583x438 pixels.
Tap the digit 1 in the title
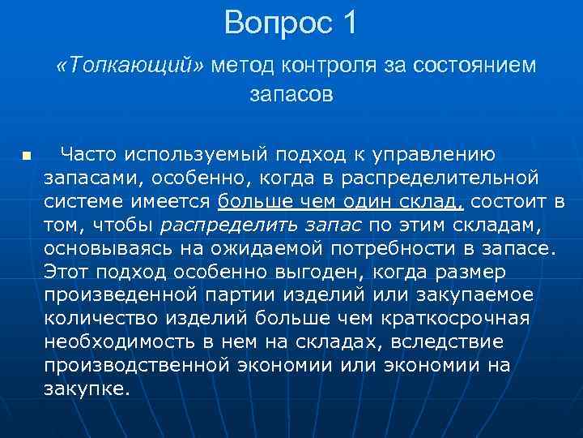(348, 23)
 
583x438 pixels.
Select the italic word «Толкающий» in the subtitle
(131, 66)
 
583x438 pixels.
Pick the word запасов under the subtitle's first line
(291, 95)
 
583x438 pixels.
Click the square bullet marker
(26, 155)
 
